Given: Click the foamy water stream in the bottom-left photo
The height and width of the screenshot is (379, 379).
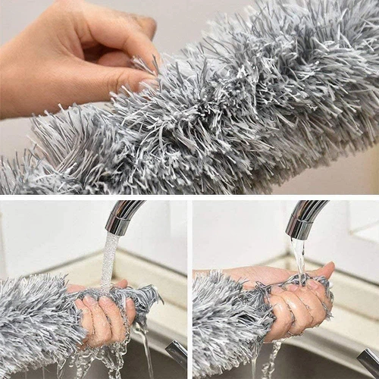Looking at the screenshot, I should [x=110, y=258].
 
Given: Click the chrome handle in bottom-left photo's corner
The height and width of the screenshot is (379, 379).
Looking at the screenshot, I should [x=177, y=353].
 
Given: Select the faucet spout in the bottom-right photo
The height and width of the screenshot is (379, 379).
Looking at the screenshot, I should [x=307, y=216].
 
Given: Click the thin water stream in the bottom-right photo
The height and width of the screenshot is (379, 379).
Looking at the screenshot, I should [x=300, y=258].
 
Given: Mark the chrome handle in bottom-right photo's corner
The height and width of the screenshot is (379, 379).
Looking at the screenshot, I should [x=368, y=361].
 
